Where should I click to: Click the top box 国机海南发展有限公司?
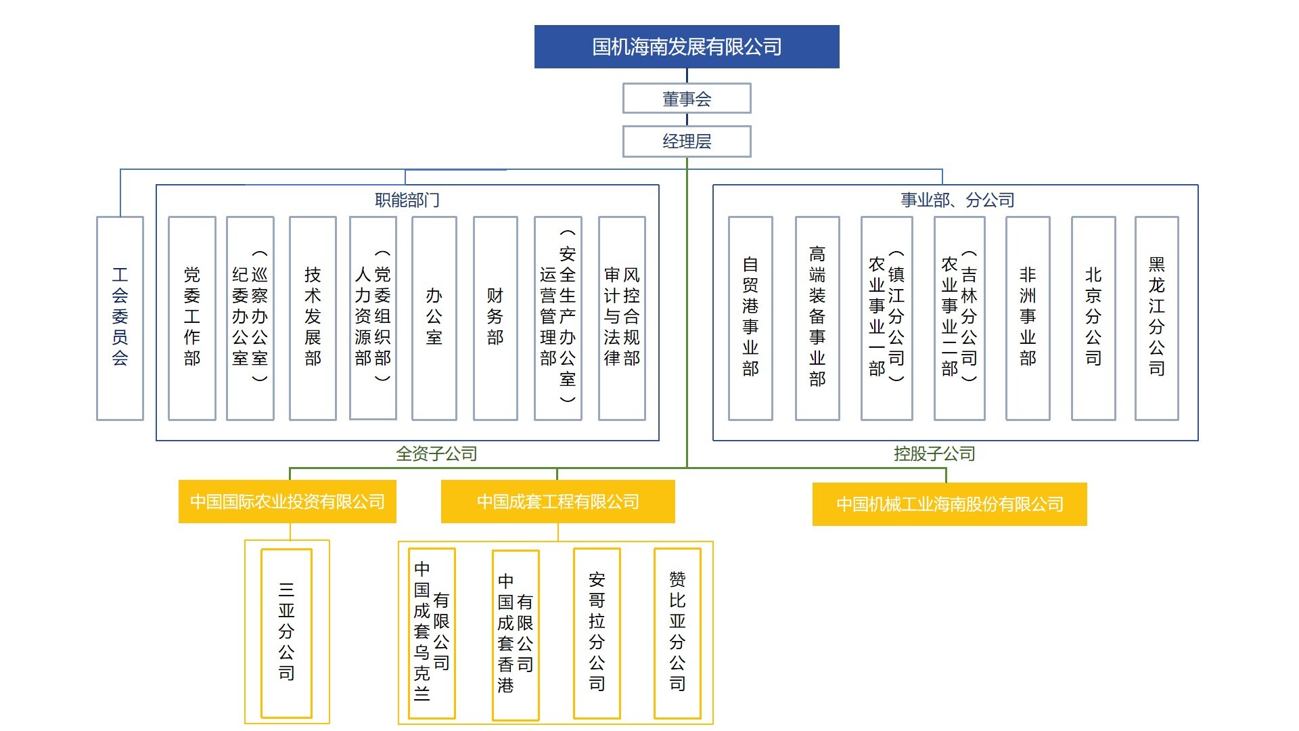click(x=687, y=47)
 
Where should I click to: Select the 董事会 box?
click(x=687, y=99)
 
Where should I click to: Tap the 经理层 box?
click(x=687, y=141)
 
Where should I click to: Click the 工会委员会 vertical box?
click(x=120, y=318)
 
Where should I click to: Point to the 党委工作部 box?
click(x=192, y=318)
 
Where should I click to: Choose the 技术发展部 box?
click(x=313, y=318)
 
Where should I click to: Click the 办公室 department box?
click(x=434, y=318)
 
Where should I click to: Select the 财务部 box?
click(x=495, y=318)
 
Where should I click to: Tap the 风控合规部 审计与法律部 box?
click(x=622, y=318)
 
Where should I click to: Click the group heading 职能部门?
click(x=407, y=200)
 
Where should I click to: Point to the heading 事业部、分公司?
click(x=957, y=200)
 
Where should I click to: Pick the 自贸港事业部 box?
click(x=750, y=318)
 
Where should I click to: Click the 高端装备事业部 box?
click(x=817, y=318)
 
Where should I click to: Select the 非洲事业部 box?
click(x=1028, y=318)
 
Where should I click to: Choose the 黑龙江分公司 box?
click(x=1157, y=318)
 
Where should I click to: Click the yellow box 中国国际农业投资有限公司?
click(x=288, y=502)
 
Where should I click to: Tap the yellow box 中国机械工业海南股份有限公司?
click(x=950, y=504)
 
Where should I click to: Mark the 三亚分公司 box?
click(x=286, y=633)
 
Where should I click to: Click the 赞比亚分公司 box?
click(x=677, y=633)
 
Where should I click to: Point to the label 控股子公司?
click(x=934, y=453)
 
